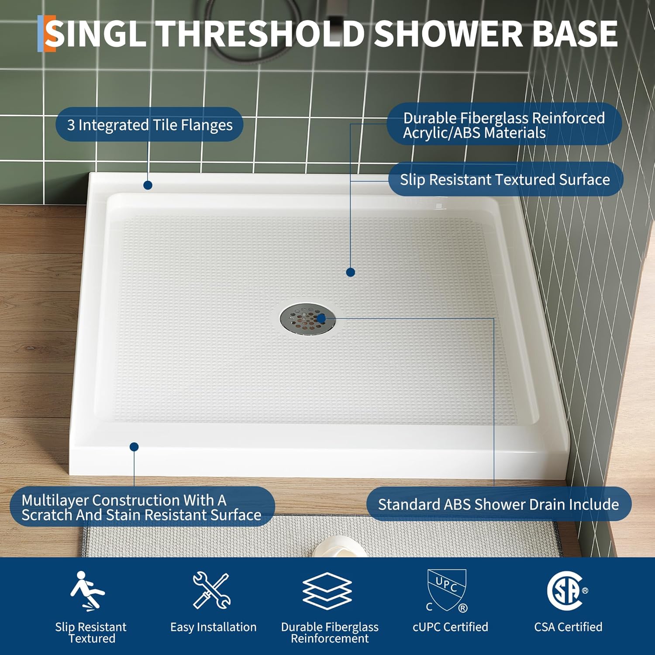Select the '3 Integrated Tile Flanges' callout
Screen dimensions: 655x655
149,125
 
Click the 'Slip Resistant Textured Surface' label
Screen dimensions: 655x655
505,179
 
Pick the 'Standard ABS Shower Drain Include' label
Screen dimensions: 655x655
498,504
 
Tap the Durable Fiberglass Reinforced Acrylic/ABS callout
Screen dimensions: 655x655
503,125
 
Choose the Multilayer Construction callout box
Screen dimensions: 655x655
142,507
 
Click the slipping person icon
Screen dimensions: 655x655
88,590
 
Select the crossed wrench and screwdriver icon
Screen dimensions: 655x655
212,590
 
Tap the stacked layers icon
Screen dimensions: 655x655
327,591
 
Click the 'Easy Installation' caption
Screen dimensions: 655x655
214,627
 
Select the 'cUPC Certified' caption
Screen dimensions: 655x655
450,627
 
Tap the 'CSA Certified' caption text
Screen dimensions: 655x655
568,627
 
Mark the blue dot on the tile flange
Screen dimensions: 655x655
148,185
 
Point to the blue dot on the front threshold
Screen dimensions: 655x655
134,447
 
